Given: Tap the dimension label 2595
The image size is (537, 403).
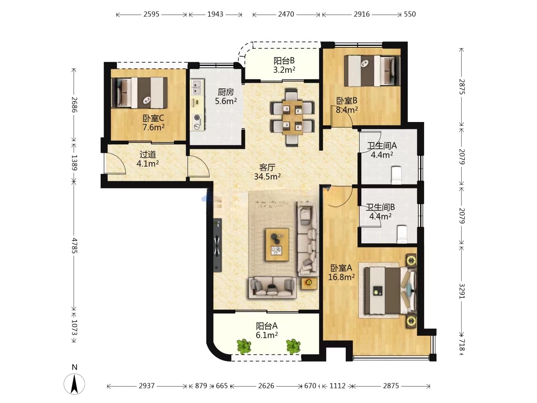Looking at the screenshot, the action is [151, 14].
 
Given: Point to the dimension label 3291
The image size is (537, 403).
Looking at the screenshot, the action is [461, 291].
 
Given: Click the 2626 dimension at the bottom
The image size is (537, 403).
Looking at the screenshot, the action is [266, 386].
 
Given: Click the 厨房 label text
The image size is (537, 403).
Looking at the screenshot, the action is [226, 92].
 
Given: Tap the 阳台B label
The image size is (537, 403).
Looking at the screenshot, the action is [284, 60].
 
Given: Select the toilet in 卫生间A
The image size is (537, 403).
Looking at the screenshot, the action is [396, 175].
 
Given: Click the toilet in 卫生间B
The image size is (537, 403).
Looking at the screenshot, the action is [402, 234].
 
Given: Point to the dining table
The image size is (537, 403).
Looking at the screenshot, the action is [292, 117].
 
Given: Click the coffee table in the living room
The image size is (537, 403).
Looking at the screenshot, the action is [277, 244].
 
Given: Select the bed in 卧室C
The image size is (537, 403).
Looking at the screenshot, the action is [139, 93].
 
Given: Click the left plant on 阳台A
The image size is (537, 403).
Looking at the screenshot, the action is [244, 346].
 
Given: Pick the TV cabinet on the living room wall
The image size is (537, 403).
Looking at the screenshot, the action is [217, 245].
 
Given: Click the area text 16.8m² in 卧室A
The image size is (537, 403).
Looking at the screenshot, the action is [341, 277].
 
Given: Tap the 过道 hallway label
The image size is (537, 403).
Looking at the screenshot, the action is [148, 154].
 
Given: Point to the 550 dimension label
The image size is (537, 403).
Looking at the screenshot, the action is [410, 14].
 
